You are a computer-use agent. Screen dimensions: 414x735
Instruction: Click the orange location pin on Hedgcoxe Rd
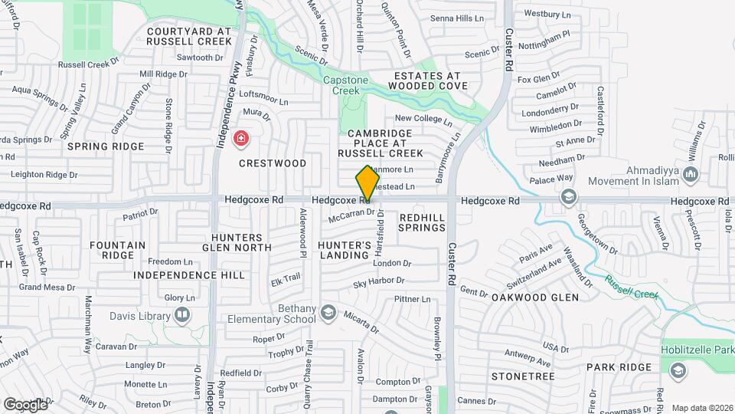[367, 183]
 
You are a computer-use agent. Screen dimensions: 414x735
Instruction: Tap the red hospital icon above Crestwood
[241, 139]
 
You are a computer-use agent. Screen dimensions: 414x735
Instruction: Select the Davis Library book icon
[182, 314]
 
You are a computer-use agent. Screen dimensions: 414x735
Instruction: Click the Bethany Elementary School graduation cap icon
[328, 312]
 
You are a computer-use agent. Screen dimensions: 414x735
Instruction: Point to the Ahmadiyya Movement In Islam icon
[692, 176]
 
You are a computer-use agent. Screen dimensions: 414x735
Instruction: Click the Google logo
[25, 404]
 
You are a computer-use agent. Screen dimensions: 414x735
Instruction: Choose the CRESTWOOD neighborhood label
[273, 163]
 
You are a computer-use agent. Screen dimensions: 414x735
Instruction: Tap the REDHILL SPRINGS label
[422, 223]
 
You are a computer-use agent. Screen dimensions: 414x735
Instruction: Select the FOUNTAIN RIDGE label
[117, 250]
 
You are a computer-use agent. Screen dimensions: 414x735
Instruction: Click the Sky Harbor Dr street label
[382, 284]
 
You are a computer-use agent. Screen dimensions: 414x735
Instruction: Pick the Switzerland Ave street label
[544, 274]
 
